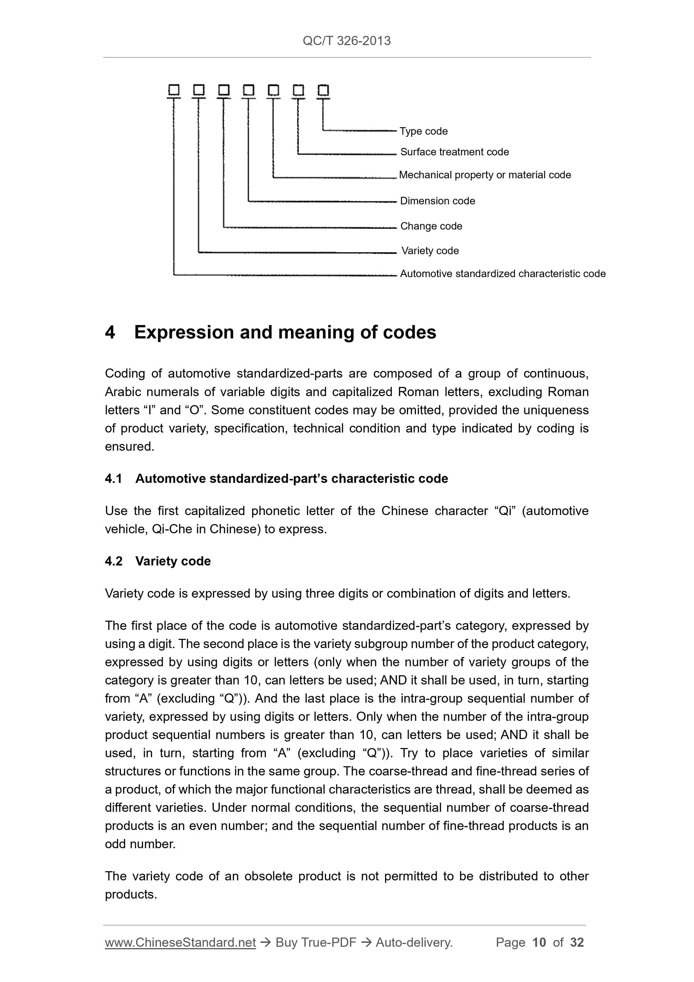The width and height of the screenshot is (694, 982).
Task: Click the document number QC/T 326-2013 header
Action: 346,41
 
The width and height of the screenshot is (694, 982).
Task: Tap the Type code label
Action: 423,131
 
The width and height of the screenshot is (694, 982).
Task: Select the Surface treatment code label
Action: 454,152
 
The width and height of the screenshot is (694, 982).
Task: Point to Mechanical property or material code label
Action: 484,175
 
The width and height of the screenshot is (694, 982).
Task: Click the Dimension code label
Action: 437,201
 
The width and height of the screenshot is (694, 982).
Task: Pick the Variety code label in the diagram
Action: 430,251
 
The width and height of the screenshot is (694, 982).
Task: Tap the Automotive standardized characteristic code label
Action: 502,274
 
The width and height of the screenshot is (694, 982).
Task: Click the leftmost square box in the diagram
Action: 174,90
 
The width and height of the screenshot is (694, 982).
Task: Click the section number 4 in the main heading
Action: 110,332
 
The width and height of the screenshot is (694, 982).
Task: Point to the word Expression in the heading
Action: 184,332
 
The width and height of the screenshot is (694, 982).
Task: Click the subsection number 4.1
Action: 113,479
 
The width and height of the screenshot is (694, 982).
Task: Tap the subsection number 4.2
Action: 113,561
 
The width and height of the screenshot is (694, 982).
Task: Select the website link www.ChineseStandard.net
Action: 180,942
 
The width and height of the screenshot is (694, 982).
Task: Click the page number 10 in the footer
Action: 539,942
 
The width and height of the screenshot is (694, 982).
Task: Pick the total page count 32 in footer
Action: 577,942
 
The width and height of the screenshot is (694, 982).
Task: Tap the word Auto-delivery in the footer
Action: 413,942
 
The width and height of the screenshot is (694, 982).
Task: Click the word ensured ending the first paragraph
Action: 129,447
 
